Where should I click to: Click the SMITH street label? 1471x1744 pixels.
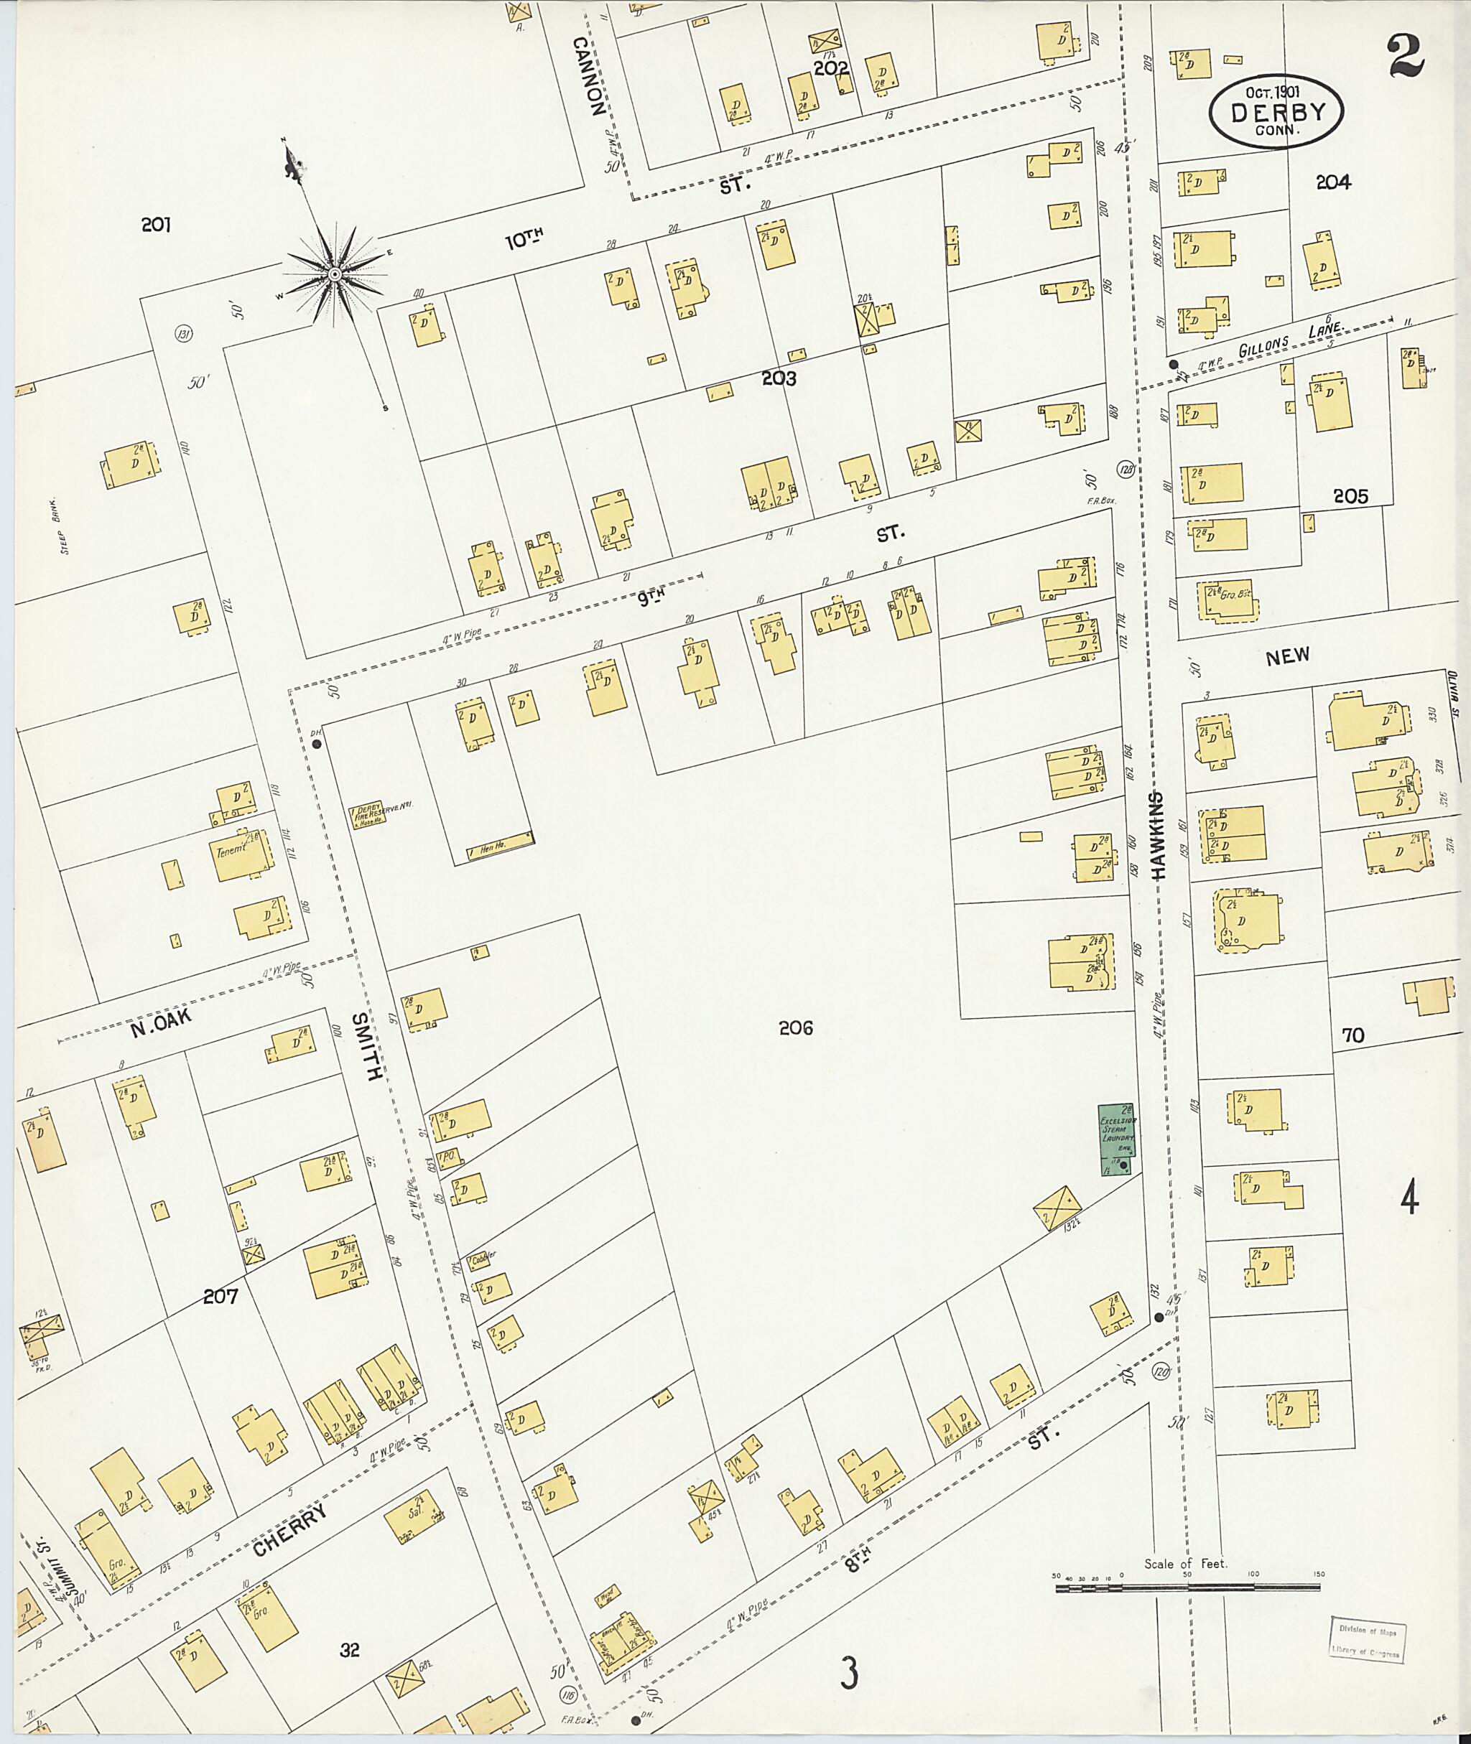pyautogui.click(x=368, y=1046)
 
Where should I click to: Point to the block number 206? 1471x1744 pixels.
pyautogui.click(x=796, y=1028)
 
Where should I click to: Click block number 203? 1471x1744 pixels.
pyautogui.click(x=778, y=378)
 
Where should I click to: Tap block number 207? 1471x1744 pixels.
pyautogui.click(x=221, y=1295)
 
